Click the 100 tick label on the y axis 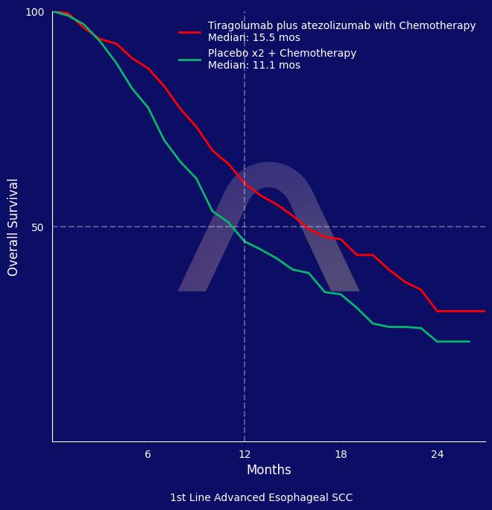(x=35, y=12)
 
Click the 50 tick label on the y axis (x=37, y=227)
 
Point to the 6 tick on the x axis (x=148, y=454)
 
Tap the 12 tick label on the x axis (x=245, y=454)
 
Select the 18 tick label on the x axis (x=341, y=454)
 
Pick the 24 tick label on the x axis (x=438, y=454)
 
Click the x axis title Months (x=268, y=470)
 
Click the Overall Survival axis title (x=13, y=227)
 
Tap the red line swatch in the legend (x=190, y=32)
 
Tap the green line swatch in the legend (x=190, y=60)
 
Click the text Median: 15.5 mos (x=254, y=38)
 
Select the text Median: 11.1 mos (x=254, y=66)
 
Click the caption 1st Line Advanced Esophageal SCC (x=261, y=498)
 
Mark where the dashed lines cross (x=245, y=227)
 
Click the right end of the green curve (x=470, y=341)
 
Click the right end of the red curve (x=485, y=311)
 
